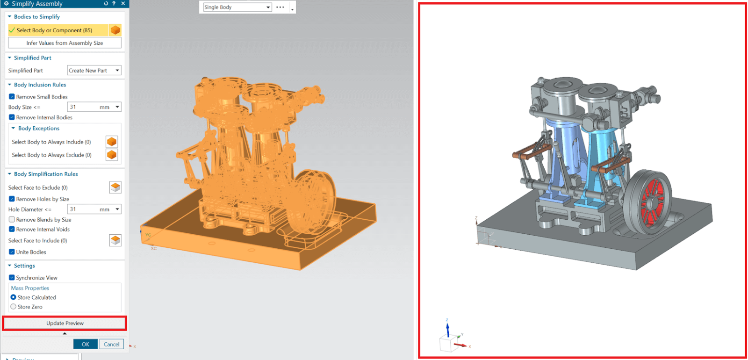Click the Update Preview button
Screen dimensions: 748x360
pyautogui.click(x=65, y=323)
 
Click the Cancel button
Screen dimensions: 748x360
pyautogui.click(x=111, y=344)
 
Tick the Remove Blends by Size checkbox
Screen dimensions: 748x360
pyautogui.click(x=12, y=219)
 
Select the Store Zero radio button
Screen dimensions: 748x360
pyautogui.click(x=14, y=307)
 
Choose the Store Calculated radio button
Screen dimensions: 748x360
pyautogui.click(x=14, y=297)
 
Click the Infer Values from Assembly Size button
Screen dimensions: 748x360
pyautogui.click(x=65, y=43)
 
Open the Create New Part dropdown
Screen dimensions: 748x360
pyautogui.click(x=94, y=71)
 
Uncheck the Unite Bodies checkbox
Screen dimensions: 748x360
pyautogui.click(x=12, y=252)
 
